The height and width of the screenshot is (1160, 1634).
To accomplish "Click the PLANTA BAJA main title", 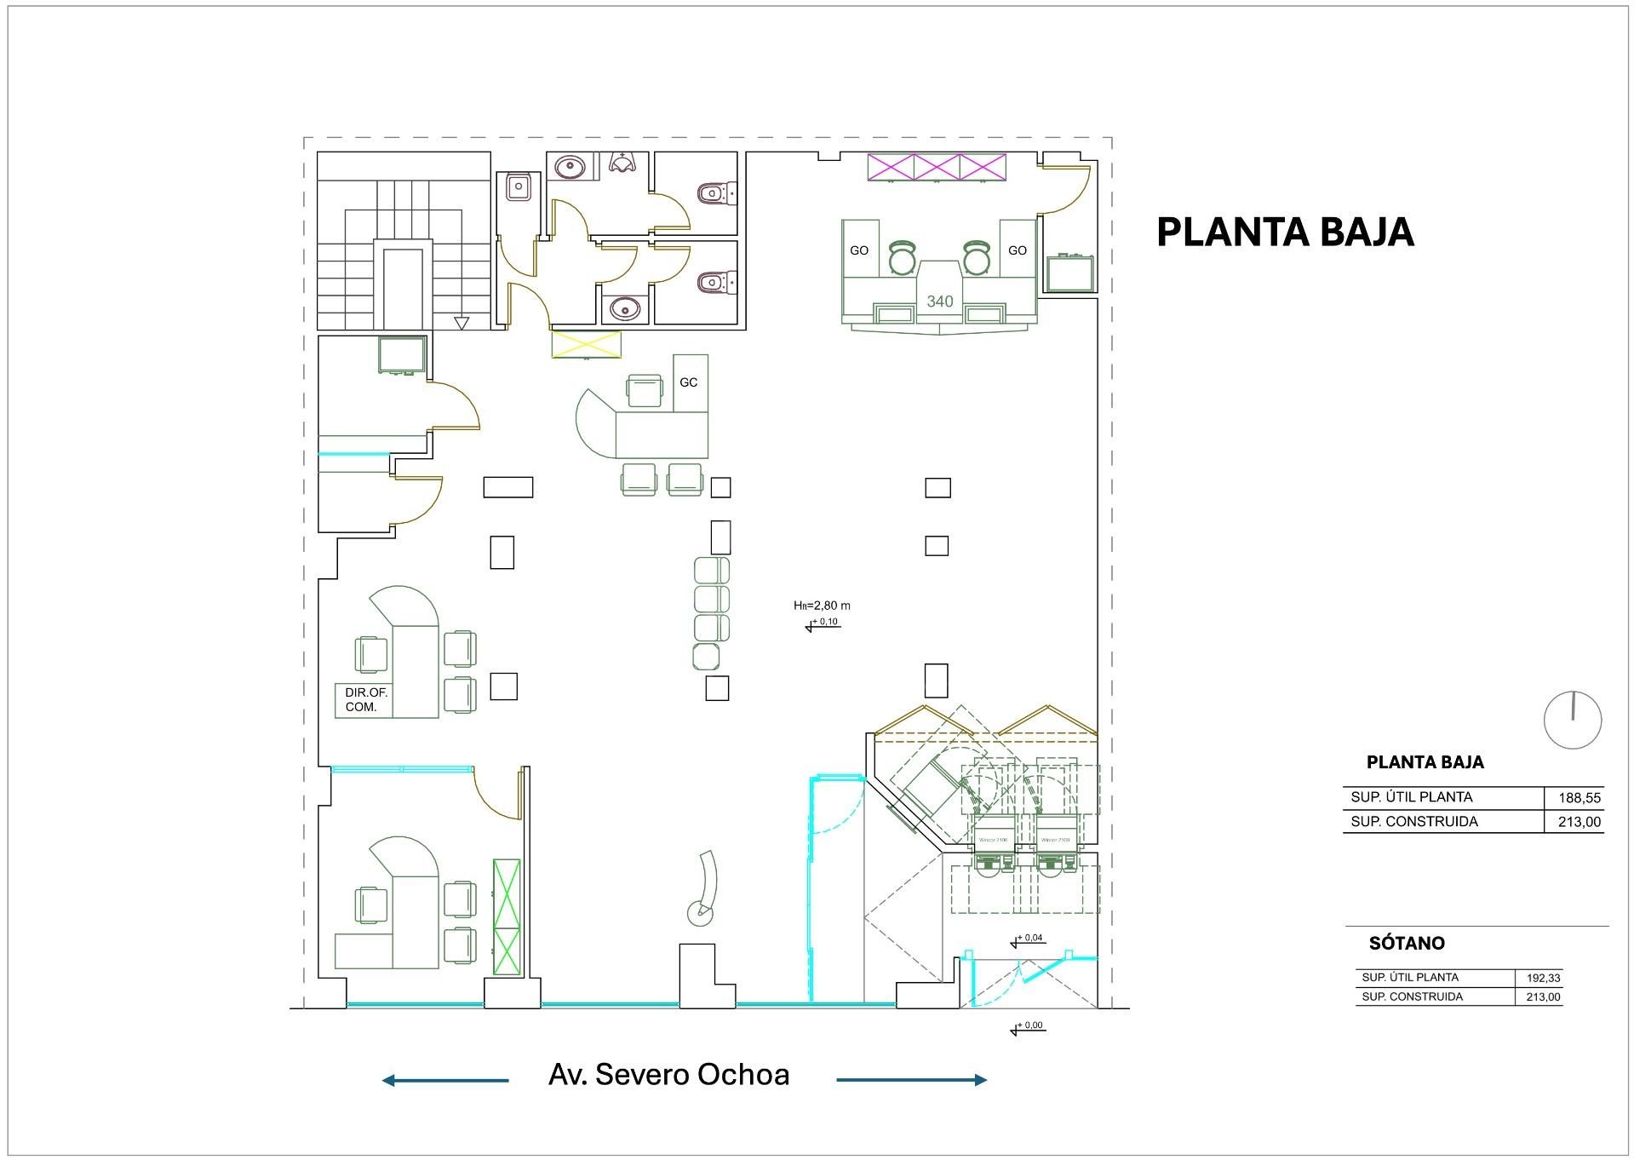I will tap(1284, 233).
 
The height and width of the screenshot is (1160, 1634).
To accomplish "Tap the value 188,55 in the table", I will tap(1580, 798).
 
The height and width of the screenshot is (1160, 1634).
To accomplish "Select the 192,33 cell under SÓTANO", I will tap(1543, 979).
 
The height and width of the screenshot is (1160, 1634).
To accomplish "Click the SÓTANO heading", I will tap(1406, 943).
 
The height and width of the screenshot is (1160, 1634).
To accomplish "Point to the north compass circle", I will tap(1572, 721).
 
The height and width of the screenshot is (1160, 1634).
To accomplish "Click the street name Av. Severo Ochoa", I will tap(668, 1075).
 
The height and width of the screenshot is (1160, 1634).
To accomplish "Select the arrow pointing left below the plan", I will tap(444, 1080).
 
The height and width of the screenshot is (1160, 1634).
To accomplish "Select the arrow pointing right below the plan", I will tap(911, 1080).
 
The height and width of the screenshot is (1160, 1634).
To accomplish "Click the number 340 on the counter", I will tap(939, 301).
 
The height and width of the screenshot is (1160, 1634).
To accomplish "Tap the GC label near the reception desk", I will tap(688, 382).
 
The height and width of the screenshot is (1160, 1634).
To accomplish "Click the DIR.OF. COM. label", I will tap(365, 700).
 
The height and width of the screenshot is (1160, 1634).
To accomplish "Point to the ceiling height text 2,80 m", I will tap(822, 606).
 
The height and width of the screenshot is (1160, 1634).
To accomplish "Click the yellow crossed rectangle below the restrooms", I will tap(586, 345).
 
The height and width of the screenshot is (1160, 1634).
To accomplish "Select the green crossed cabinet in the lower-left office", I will tap(507, 917).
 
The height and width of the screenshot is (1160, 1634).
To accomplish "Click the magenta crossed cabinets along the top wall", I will tap(936, 166).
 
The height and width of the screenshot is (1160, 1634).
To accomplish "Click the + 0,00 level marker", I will tap(1028, 1027).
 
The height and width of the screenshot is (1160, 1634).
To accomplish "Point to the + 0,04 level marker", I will tap(1028, 939).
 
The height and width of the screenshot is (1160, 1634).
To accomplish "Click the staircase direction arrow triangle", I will tap(462, 323).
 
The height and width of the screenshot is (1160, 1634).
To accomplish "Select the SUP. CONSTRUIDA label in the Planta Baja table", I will tap(1413, 822).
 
